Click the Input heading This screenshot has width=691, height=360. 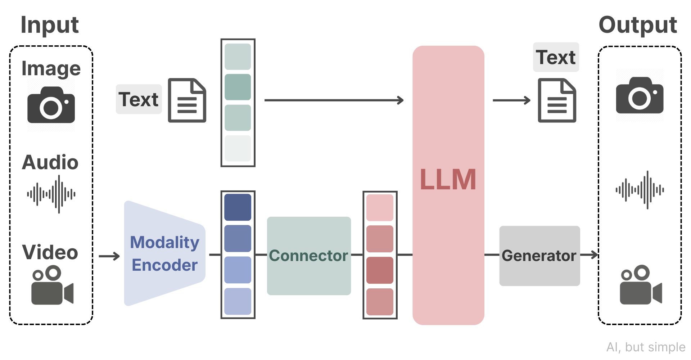click(50, 25)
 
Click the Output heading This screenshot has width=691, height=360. click(638, 25)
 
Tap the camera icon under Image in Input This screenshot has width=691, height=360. click(51, 105)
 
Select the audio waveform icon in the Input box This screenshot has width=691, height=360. click(51, 194)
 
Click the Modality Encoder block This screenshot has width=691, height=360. click(164, 253)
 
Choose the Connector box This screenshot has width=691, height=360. click(309, 256)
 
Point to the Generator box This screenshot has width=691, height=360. click(539, 256)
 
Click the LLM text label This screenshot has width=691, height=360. click(448, 179)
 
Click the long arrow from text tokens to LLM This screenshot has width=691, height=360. click(334, 100)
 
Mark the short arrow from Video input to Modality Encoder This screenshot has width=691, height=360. click(109, 256)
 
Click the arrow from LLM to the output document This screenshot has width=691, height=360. click(511, 100)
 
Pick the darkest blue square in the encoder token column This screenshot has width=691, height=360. click(238, 207)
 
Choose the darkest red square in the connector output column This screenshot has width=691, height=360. click(380, 270)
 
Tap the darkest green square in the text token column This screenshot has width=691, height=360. click(238, 87)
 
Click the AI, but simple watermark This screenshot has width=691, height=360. click(646, 347)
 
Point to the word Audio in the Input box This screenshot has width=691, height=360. click(50, 162)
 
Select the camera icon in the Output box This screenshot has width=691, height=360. click(640, 95)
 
